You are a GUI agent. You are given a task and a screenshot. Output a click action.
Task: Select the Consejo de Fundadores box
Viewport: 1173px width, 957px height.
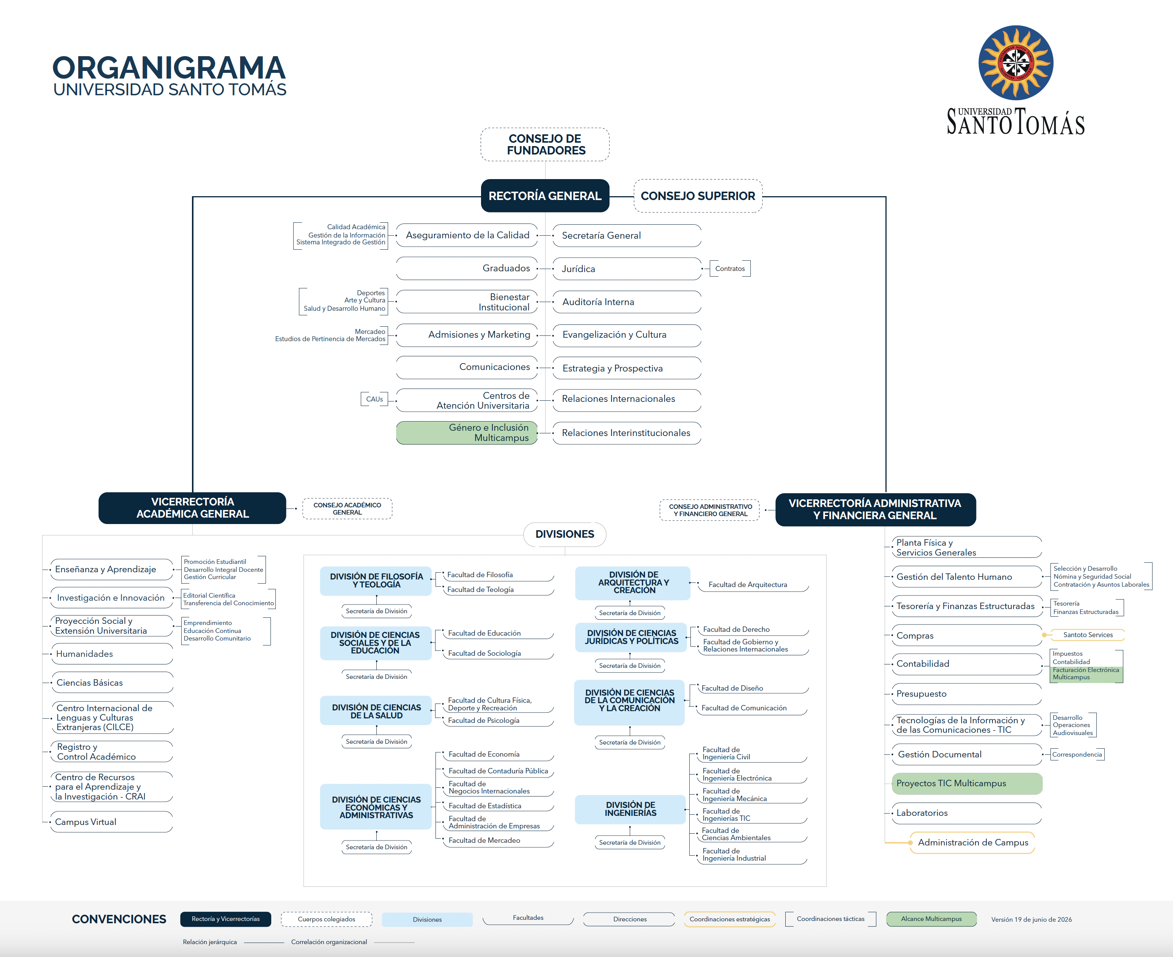click(x=545, y=145)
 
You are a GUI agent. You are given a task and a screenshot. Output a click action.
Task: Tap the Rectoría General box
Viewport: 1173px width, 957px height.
click(x=545, y=196)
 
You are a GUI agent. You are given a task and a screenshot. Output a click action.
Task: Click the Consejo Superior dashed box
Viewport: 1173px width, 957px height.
click(x=698, y=196)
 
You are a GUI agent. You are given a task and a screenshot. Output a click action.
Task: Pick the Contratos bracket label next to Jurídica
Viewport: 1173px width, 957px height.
click(x=730, y=268)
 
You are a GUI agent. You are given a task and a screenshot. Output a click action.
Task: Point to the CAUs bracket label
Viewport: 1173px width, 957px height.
click(x=374, y=399)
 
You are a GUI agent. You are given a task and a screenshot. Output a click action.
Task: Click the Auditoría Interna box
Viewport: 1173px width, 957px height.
click(x=627, y=302)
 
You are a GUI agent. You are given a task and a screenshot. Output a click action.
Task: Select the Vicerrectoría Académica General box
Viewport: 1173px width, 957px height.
click(x=192, y=508)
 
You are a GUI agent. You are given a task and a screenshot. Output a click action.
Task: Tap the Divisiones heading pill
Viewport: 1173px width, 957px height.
click(x=564, y=534)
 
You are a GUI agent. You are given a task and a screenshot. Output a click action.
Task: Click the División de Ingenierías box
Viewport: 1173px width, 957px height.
click(x=631, y=809)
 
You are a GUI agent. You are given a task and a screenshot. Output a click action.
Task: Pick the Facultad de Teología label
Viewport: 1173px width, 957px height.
click(x=480, y=589)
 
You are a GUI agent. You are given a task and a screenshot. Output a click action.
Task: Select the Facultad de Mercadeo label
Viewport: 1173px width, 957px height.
click(x=484, y=840)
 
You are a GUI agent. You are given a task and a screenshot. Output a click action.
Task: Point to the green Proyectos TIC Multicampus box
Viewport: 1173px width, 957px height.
click(x=967, y=783)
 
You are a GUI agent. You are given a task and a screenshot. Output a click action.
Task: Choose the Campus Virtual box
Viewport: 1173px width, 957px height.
click(x=112, y=822)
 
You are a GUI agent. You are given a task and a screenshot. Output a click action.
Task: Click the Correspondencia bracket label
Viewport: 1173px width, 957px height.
click(x=1077, y=754)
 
